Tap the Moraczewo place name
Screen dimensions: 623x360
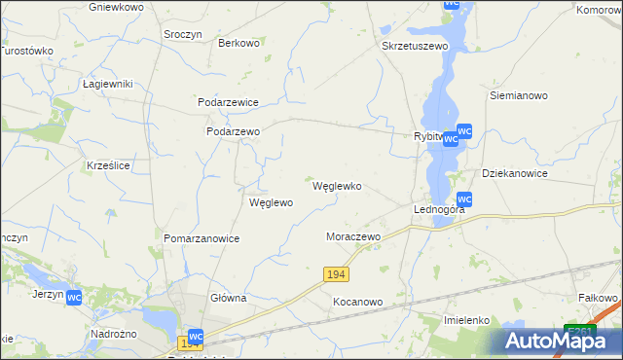(352, 236)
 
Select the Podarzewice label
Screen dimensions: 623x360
(227, 102)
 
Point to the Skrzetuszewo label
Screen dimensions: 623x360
(415, 46)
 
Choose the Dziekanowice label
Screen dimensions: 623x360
(515, 173)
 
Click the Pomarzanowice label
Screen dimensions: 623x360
(202, 238)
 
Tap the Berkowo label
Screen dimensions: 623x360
(238, 43)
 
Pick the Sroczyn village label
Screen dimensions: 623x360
(183, 32)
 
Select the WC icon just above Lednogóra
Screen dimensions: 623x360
(464, 198)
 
